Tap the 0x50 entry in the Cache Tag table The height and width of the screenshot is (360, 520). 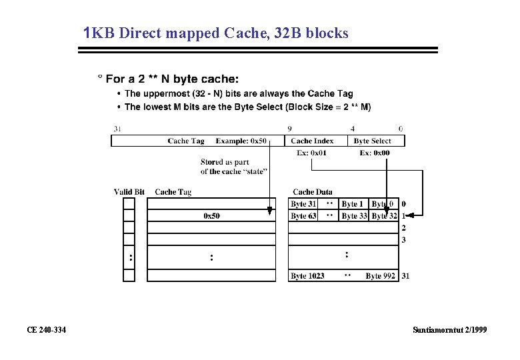pyautogui.click(x=211, y=216)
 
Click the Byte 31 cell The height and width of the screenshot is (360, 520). pyautogui.click(x=303, y=204)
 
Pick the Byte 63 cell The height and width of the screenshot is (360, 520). pyautogui.click(x=303, y=216)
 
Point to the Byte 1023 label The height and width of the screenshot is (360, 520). pyautogui.click(x=307, y=276)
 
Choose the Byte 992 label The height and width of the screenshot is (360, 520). pyautogui.click(x=380, y=276)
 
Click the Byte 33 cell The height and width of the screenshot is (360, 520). pyautogui.click(x=354, y=216)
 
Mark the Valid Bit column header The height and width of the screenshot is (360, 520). pyautogui.click(x=129, y=192)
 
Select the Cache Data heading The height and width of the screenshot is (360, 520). pyautogui.click(x=312, y=192)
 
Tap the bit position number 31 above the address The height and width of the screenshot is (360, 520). pyautogui.click(x=117, y=129)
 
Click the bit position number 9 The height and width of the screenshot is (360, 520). pyautogui.click(x=289, y=129)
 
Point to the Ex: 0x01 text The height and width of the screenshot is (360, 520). pyautogui.click(x=311, y=153)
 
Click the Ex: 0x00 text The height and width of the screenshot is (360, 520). pyautogui.click(x=375, y=153)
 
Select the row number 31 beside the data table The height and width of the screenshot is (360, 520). pyautogui.click(x=405, y=276)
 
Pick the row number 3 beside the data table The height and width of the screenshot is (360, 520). pyautogui.click(x=404, y=240)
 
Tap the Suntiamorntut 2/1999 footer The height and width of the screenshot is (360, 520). pyautogui.click(x=449, y=330)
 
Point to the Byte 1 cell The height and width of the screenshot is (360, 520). pyautogui.click(x=353, y=204)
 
